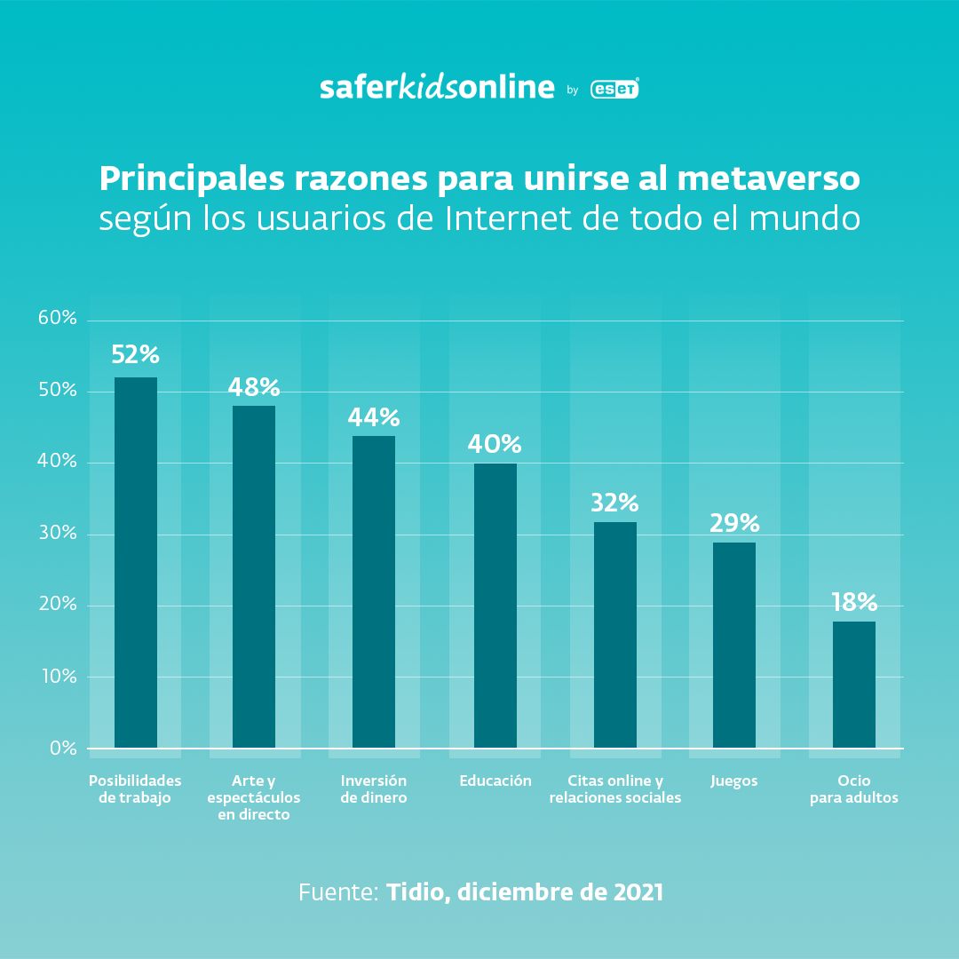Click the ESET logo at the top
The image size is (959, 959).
tap(614, 89)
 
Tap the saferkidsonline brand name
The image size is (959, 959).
tap(437, 87)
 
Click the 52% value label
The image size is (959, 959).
tap(135, 355)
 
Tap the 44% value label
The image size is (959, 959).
tap(374, 417)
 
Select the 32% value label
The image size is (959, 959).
tap(614, 503)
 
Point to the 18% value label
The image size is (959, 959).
tap(854, 603)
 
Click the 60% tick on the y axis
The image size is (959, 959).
tap(58, 319)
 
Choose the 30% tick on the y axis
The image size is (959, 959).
tap(58, 534)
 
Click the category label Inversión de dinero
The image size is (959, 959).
tap(374, 789)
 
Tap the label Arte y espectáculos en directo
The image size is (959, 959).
tap(254, 797)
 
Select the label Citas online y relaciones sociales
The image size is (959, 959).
tap(614, 789)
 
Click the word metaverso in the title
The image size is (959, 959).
tap(768, 178)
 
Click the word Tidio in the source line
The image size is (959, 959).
tap(416, 892)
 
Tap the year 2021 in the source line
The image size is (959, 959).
tap(638, 892)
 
